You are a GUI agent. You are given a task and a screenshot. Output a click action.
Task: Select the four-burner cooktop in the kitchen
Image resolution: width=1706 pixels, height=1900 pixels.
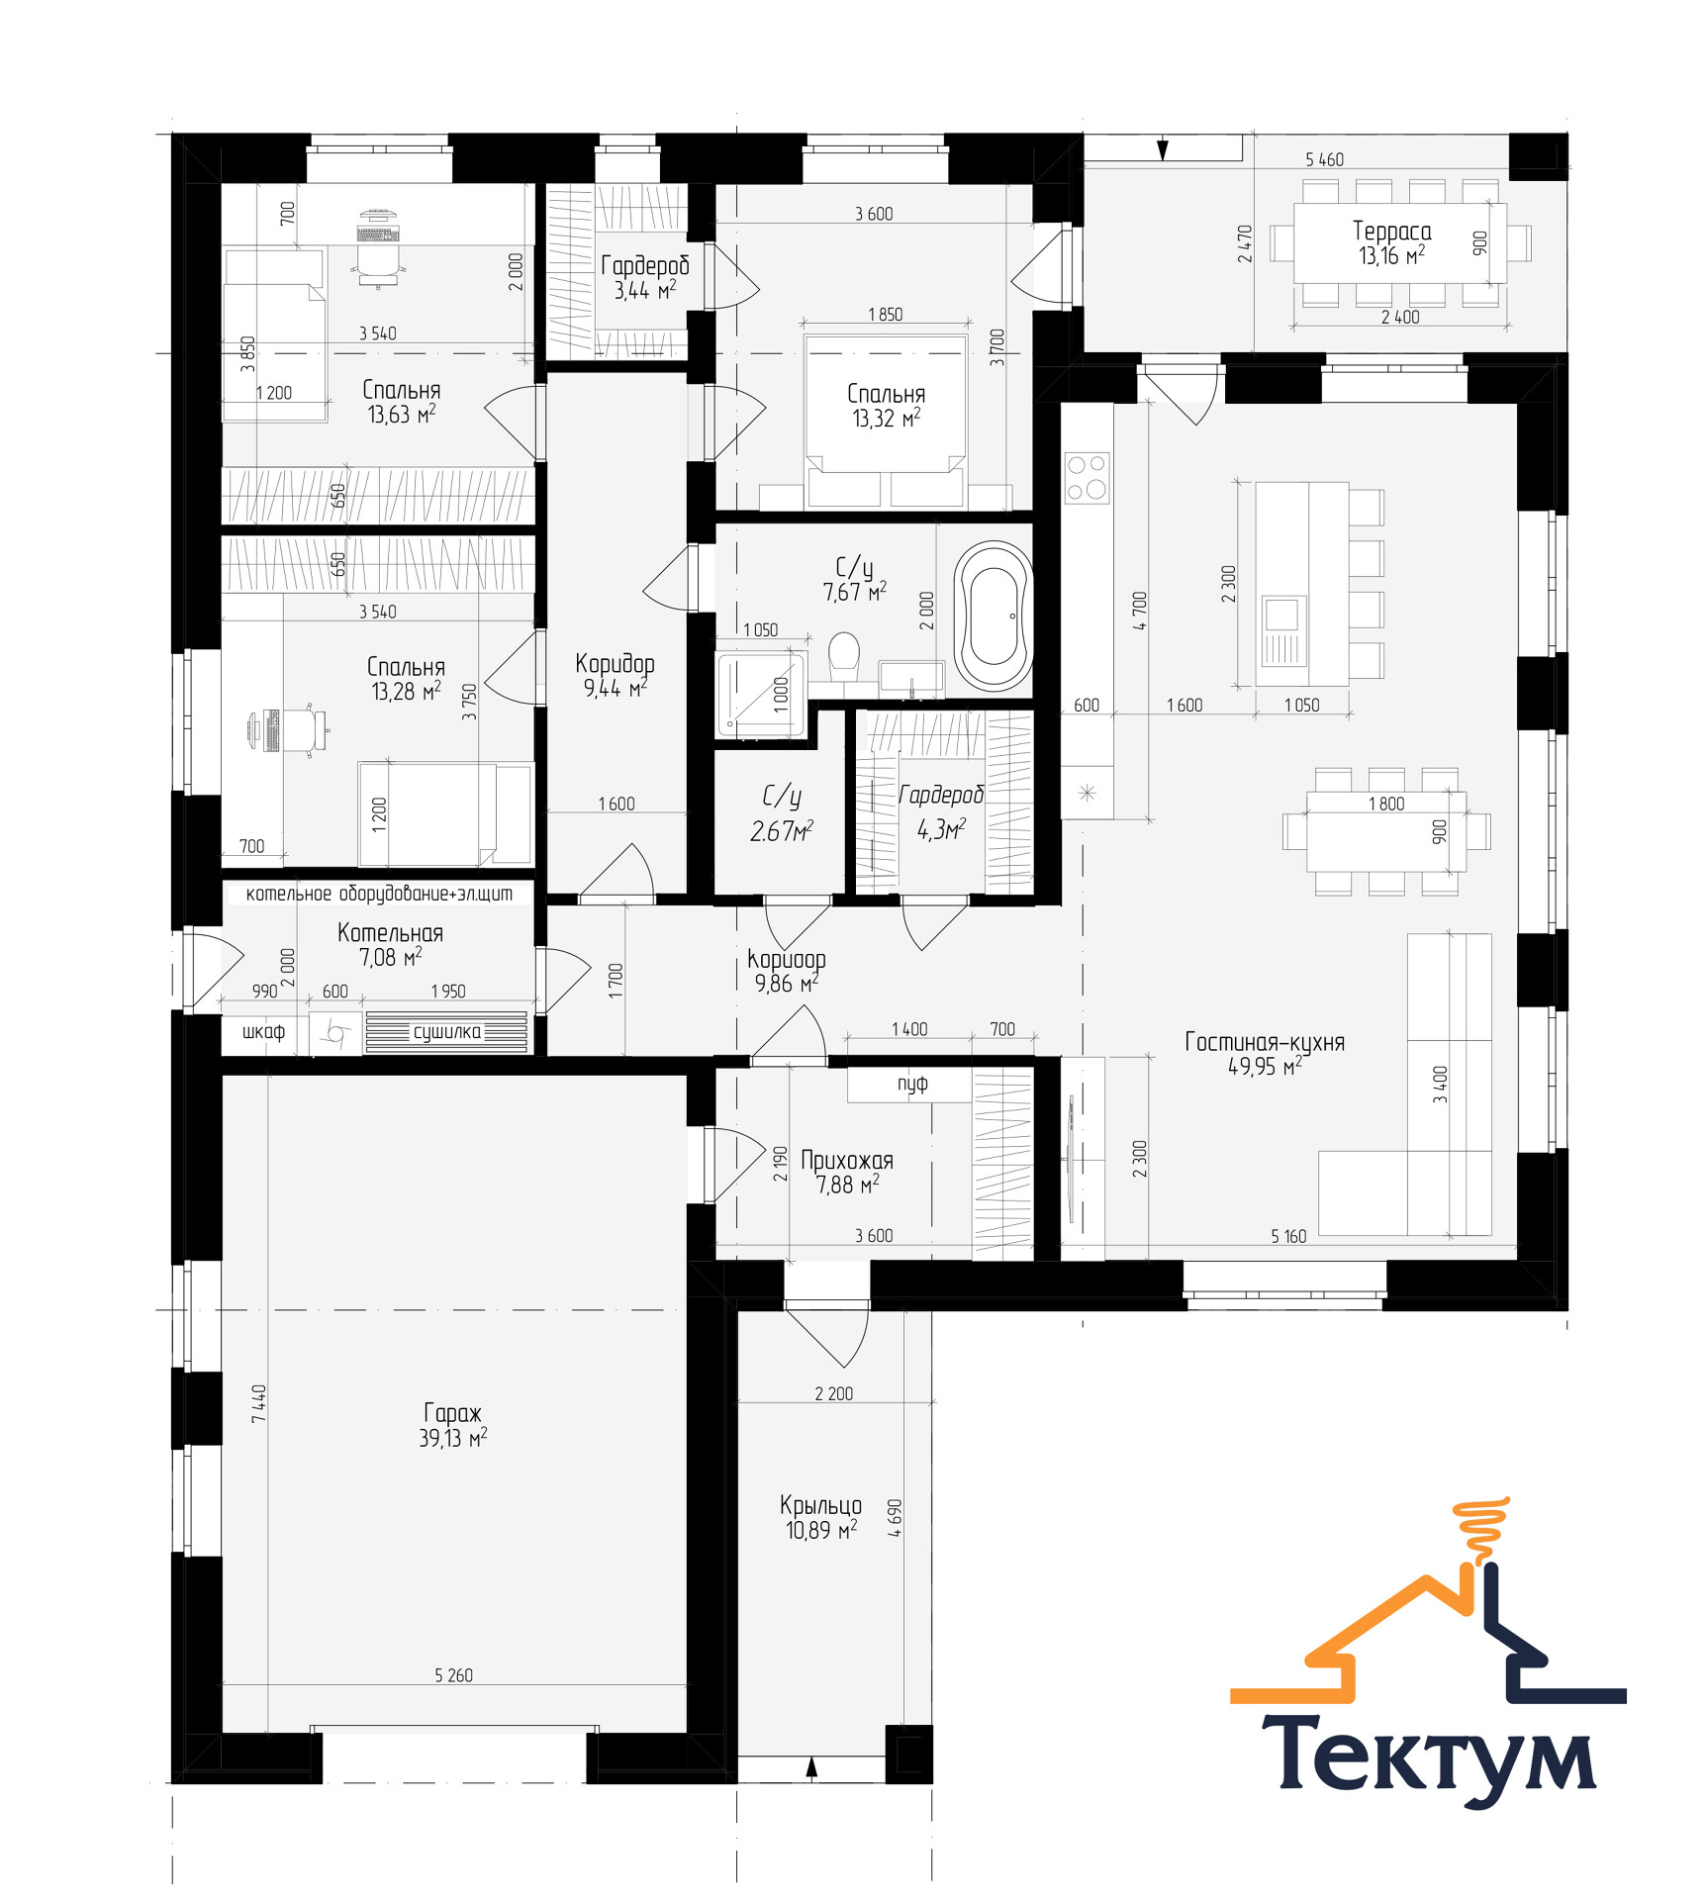(x=1087, y=478)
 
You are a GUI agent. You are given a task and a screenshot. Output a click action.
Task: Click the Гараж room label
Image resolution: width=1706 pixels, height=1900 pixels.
(x=453, y=1412)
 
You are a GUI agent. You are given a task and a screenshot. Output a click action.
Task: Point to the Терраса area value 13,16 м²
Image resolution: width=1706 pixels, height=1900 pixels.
(x=1391, y=255)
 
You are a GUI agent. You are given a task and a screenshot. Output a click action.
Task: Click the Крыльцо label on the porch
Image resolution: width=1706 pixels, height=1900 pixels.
(x=820, y=1505)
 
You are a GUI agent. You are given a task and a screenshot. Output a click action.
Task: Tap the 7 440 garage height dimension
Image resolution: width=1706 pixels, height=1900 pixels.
(x=259, y=1404)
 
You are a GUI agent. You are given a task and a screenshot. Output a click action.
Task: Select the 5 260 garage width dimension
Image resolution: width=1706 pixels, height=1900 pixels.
(x=453, y=1675)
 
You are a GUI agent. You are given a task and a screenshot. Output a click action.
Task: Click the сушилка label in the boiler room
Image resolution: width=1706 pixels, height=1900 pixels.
(x=447, y=1032)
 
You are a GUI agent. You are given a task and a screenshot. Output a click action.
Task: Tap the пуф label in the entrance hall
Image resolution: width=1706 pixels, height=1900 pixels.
(x=912, y=1084)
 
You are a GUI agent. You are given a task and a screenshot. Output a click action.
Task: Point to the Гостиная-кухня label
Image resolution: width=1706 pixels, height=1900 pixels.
(x=1265, y=1042)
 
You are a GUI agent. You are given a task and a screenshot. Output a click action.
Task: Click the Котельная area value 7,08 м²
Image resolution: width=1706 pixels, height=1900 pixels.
(x=390, y=957)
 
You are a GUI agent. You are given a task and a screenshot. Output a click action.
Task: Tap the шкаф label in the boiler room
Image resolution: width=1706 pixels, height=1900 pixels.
(x=263, y=1032)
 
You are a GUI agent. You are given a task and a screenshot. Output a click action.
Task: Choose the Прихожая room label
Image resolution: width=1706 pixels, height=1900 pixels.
(x=847, y=1160)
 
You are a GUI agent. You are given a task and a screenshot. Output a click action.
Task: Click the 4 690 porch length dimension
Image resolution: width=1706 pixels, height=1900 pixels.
(x=896, y=1518)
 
